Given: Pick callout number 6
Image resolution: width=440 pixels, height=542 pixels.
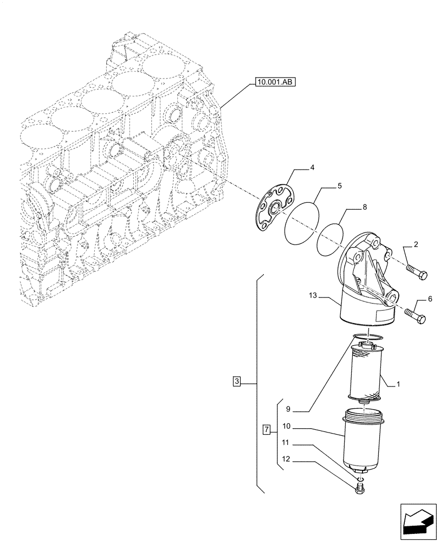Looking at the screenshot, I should (x=430, y=299).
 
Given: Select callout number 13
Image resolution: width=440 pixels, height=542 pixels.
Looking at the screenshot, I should (x=313, y=297).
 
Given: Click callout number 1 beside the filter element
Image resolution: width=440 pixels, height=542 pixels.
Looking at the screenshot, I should (x=398, y=384).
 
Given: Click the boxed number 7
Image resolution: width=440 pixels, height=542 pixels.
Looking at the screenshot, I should (x=266, y=430).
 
